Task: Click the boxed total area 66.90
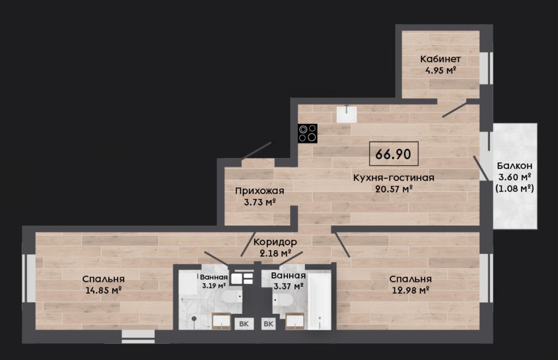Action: (x=394, y=154)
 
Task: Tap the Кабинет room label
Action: (x=441, y=59)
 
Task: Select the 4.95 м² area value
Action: (x=441, y=71)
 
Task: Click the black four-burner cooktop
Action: (x=308, y=133)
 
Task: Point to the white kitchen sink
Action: (x=346, y=114)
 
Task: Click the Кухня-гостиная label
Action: (x=394, y=178)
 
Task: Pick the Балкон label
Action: (x=515, y=166)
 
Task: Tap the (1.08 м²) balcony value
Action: (x=515, y=189)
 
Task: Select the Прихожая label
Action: (x=260, y=191)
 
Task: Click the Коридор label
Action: (x=275, y=242)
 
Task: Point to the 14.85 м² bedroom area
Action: (x=103, y=290)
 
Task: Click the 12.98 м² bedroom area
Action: (x=410, y=290)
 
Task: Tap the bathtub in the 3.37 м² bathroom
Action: (x=319, y=301)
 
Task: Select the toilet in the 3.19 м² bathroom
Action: (x=232, y=296)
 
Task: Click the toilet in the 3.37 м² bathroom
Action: (x=283, y=300)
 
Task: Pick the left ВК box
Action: (x=244, y=324)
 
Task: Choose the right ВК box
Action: (x=269, y=324)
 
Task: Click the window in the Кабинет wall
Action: (x=486, y=68)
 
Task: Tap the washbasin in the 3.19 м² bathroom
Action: (x=221, y=321)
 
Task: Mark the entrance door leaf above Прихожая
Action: (x=257, y=151)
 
